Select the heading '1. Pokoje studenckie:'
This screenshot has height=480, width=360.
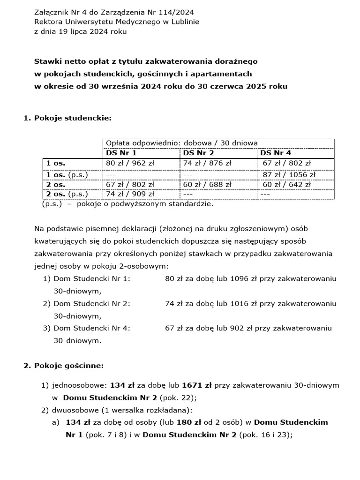tap(67, 118)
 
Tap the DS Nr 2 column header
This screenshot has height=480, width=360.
tap(198, 153)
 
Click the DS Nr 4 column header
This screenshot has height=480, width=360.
tap(276, 153)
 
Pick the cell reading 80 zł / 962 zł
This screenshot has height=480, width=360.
tap(130, 163)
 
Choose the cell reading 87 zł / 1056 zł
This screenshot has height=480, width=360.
tap(289, 174)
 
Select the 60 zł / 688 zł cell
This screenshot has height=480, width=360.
tap(207, 184)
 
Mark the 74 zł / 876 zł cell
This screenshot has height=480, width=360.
tap(207, 163)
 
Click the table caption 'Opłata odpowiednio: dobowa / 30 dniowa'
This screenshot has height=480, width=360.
tap(181, 143)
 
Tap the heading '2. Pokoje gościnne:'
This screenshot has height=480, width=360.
tap(64, 365)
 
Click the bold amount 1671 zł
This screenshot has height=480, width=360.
tap(197, 385)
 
